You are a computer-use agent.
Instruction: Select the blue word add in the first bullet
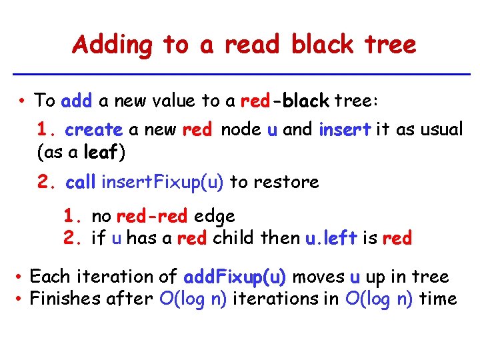point(76,101)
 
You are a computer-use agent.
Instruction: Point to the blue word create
point(94,129)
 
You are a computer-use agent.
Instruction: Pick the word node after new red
point(241,129)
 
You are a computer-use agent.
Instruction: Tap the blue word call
point(81,182)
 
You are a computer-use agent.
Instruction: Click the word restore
point(291,182)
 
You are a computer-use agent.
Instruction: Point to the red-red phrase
point(153,216)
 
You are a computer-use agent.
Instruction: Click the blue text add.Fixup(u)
point(235,277)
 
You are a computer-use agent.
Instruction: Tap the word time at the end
point(438,299)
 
